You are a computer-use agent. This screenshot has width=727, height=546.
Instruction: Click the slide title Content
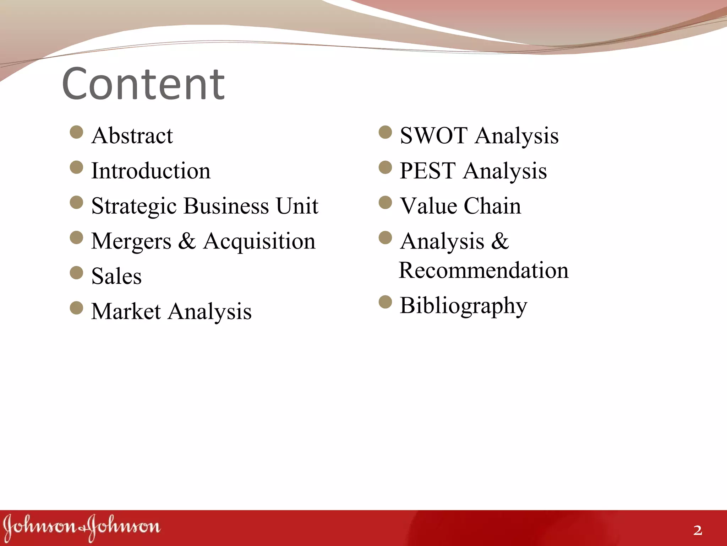pyautogui.click(x=143, y=84)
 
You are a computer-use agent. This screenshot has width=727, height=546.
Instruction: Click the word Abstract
pyautogui.click(x=132, y=136)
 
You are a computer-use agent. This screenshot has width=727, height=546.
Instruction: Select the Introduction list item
pyautogui.click(x=151, y=171)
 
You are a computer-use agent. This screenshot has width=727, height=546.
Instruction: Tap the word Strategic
pyautogui.click(x=134, y=206)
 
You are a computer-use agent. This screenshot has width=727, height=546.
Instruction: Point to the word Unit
pyautogui.click(x=297, y=206)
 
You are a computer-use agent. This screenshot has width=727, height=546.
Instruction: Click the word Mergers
pyautogui.click(x=131, y=241)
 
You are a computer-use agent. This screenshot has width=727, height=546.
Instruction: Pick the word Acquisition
pyautogui.click(x=259, y=241)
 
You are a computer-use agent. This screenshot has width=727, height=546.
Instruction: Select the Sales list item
pyautogui.click(x=116, y=276)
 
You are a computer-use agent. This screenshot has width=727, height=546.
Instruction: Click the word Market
pyautogui.click(x=126, y=311)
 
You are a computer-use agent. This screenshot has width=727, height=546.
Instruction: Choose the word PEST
pyautogui.click(x=427, y=171)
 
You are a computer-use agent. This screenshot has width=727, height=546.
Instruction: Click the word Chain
pyautogui.click(x=492, y=206)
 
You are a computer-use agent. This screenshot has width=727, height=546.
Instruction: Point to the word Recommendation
pyautogui.click(x=483, y=270)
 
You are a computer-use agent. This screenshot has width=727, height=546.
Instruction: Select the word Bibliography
pyautogui.click(x=463, y=305)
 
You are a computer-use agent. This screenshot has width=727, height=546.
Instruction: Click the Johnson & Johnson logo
pyautogui.click(x=82, y=527)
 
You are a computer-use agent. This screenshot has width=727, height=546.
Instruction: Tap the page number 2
pyautogui.click(x=698, y=530)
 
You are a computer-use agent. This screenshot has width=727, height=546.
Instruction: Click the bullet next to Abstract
pyautogui.click(x=76, y=132)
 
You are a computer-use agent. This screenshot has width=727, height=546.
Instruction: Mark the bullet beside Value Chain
pyautogui.click(x=385, y=203)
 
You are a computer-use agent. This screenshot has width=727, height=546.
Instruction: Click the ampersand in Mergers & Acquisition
pyautogui.click(x=187, y=241)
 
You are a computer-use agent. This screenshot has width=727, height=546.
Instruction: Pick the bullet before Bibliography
pyautogui.click(x=385, y=302)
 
